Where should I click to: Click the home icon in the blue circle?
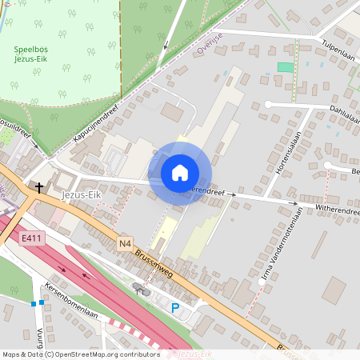point(180,172)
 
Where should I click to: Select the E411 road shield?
point(31,238)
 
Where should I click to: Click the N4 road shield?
point(125,242)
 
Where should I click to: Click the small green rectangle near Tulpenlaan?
point(285,67)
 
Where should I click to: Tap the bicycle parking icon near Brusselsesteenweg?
point(141,290)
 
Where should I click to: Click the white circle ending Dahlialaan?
point(268,104)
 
